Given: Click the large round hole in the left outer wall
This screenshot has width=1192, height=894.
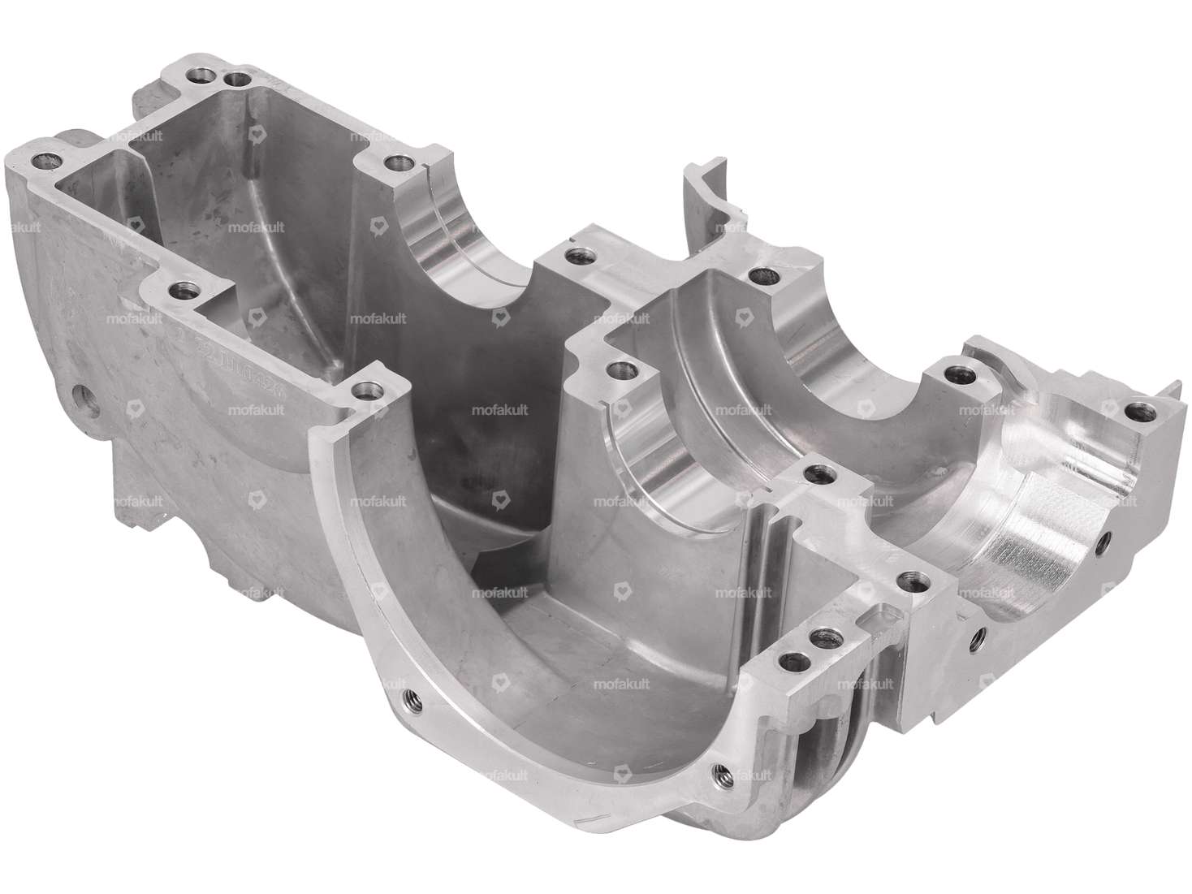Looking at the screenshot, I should (x=85, y=399).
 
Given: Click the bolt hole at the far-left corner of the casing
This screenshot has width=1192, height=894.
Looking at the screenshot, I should (x=37, y=157).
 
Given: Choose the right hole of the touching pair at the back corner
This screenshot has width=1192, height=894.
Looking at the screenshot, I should (x=237, y=80).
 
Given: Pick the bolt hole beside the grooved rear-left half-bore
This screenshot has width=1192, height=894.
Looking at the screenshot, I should (x=395, y=162).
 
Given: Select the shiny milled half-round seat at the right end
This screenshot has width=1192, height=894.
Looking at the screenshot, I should (x=1031, y=552).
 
